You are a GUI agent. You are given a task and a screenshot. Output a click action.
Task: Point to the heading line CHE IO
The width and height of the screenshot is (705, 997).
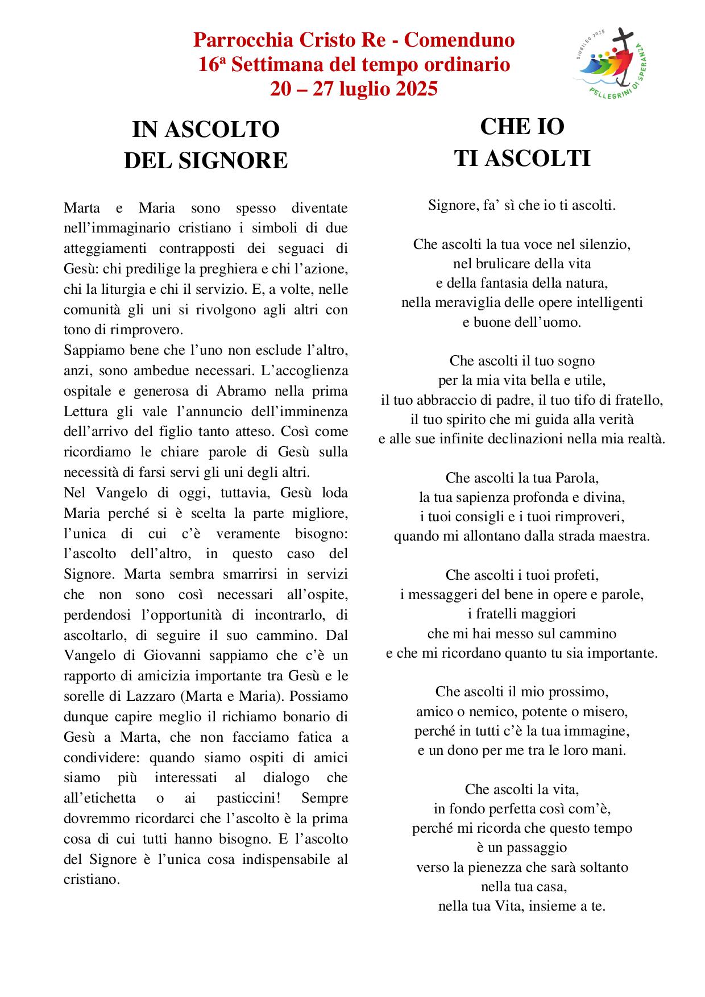pyautogui.click(x=521, y=127)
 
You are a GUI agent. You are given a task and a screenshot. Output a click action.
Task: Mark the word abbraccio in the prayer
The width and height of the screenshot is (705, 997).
pyautogui.click(x=442, y=400)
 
